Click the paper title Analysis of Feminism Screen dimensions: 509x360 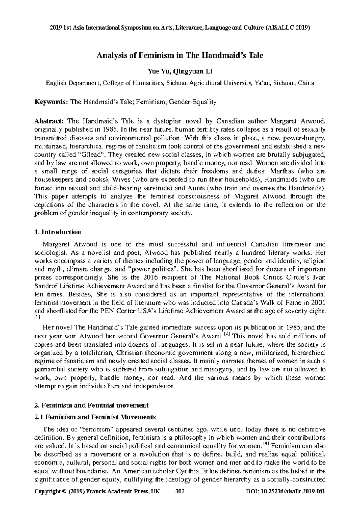(179, 55)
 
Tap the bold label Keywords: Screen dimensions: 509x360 (51, 102)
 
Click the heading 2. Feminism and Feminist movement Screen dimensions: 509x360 (92, 405)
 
